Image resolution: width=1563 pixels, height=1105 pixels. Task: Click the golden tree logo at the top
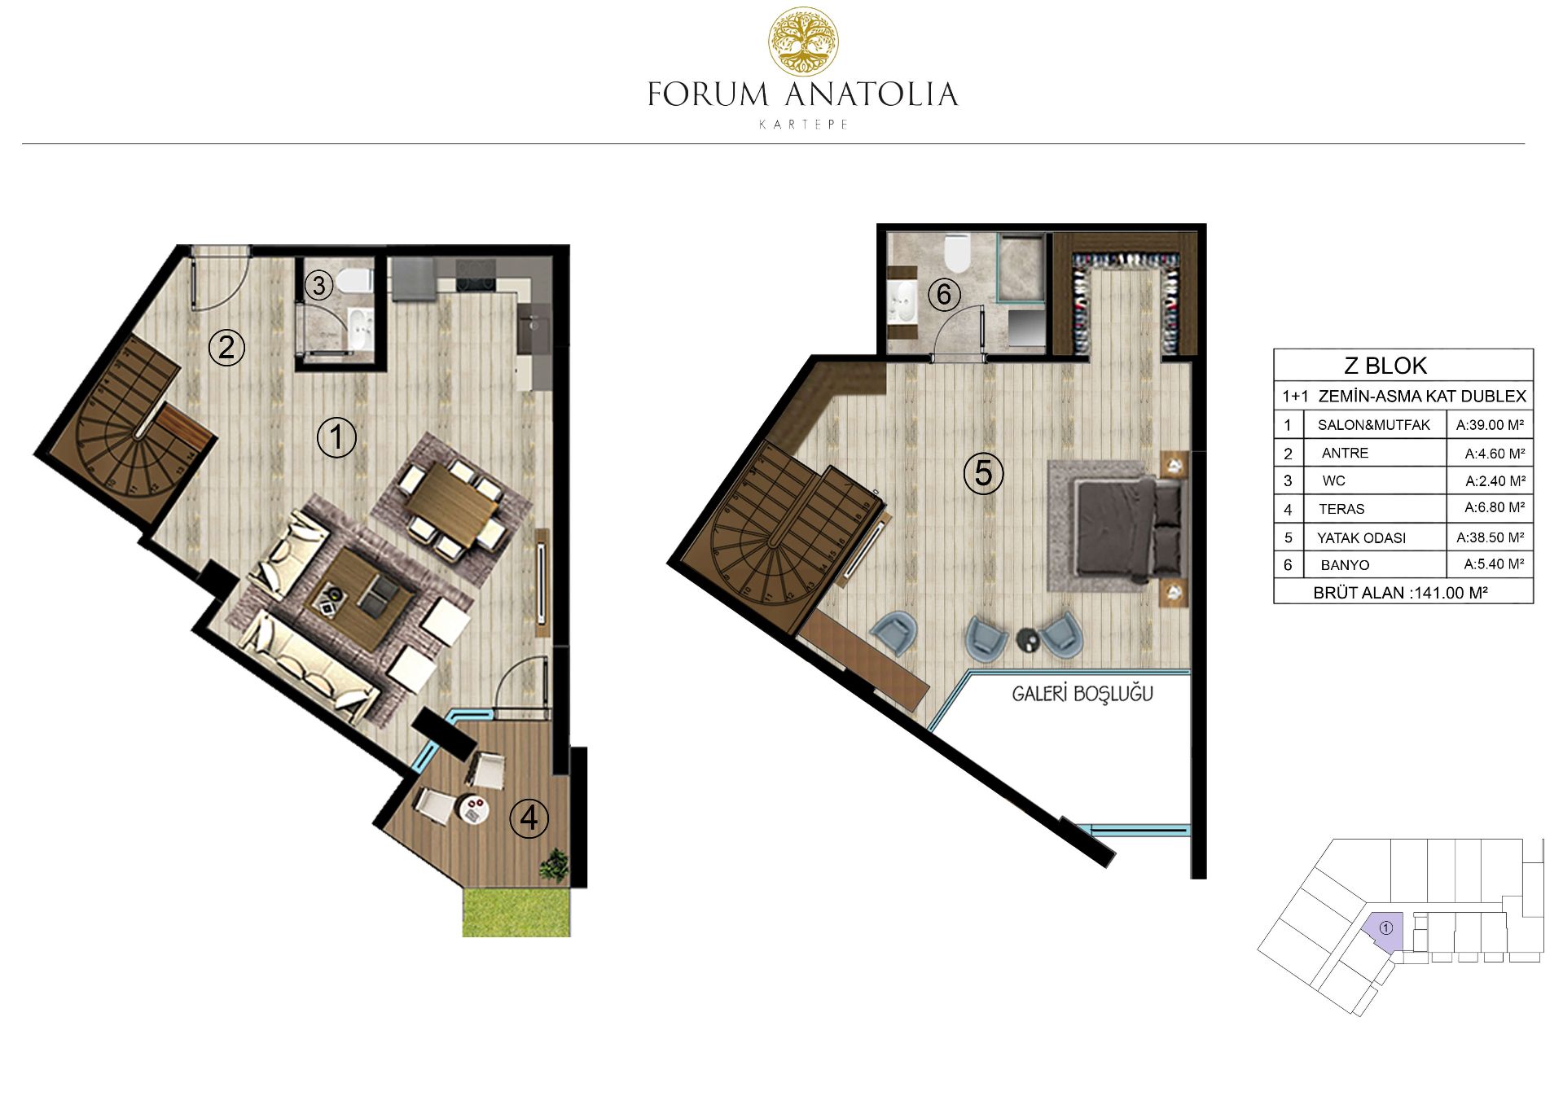pyautogui.click(x=803, y=42)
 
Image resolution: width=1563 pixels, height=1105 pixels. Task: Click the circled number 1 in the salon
pyautogui.click(x=336, y=437)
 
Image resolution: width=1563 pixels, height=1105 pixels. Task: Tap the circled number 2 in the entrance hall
pyautogui.click(x=226, y=348)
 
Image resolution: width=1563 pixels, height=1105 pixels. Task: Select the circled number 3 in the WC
pyautogui.click(x=319, y=285)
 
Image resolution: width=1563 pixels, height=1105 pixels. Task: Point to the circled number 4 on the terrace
pyautogui.click(x=529, y=818)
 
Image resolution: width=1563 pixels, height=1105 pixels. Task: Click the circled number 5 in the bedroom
pyautogui.click(x=983, y=473)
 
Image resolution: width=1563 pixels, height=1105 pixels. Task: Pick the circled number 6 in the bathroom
pyautogui.click(x=944, y=294)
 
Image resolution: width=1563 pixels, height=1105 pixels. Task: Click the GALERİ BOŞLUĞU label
pyautogui.click(x=1082, y=694)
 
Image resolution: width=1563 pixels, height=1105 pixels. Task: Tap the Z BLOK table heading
pyautogui.click(x=1385, y=366)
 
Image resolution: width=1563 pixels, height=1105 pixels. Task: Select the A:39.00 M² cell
pyautogui.click(x=1490, y=424)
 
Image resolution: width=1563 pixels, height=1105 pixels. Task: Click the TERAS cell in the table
pyautogui.click(x=1341, y=509)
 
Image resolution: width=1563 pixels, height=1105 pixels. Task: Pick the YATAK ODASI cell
pyautogui.click(x=1361, y=537)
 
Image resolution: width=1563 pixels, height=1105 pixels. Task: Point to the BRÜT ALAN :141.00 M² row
pyautogui.click(x=1400, y=593)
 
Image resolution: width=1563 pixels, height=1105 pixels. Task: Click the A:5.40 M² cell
pyautogui.click(x=1494, y=563)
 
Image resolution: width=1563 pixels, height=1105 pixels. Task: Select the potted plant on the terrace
pyautogui.click(x=555, y=864)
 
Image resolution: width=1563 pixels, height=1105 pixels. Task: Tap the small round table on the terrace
pyautogui.click(x=473, y=808)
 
